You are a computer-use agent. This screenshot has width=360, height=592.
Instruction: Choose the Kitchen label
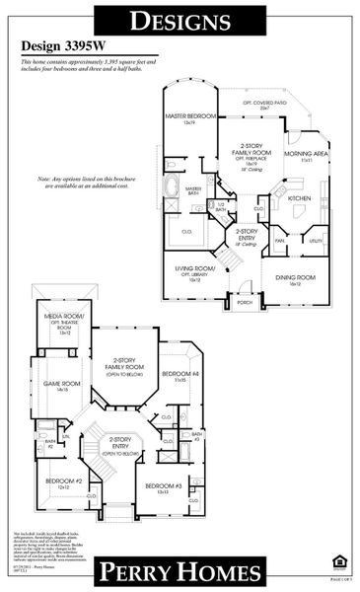tap(299, 197)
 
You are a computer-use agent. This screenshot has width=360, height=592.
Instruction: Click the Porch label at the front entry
tap(244, 303)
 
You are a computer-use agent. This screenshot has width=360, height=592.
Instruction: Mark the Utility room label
tap(315, 240)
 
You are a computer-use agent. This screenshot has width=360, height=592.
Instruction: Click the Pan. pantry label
tap(280, 240)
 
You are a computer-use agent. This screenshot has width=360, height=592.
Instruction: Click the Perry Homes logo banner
tap(180, 570)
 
